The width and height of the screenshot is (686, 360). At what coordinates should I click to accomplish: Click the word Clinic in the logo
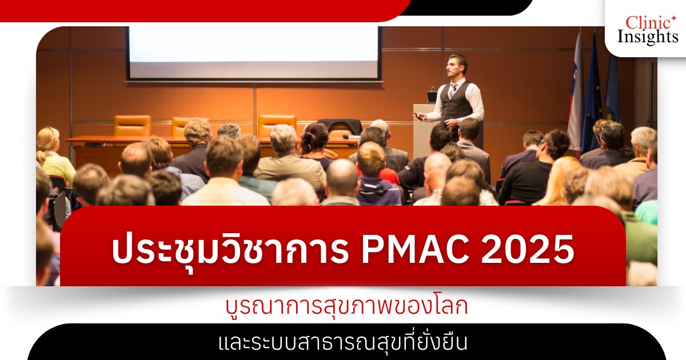click(x=646, y=23)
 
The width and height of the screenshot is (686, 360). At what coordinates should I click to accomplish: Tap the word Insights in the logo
click(x=647, y=37)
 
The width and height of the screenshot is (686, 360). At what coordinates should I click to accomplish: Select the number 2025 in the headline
click(x=527, y=249)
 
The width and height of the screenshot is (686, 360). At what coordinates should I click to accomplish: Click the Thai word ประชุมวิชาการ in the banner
click(x=230, y=250)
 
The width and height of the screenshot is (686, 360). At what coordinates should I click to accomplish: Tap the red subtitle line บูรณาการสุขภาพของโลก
click(x=346, y=306)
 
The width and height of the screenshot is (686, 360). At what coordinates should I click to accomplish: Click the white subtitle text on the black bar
click(x=343, y=343)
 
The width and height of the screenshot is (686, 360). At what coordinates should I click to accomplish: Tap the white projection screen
click(x=254, y=53)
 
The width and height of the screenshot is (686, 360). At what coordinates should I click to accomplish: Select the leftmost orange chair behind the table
click(x=132, y=126)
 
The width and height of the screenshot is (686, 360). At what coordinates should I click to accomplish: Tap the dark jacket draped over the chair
click(x=340, y=126)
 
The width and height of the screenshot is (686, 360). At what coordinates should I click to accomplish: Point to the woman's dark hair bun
click(x=315, y=135)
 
